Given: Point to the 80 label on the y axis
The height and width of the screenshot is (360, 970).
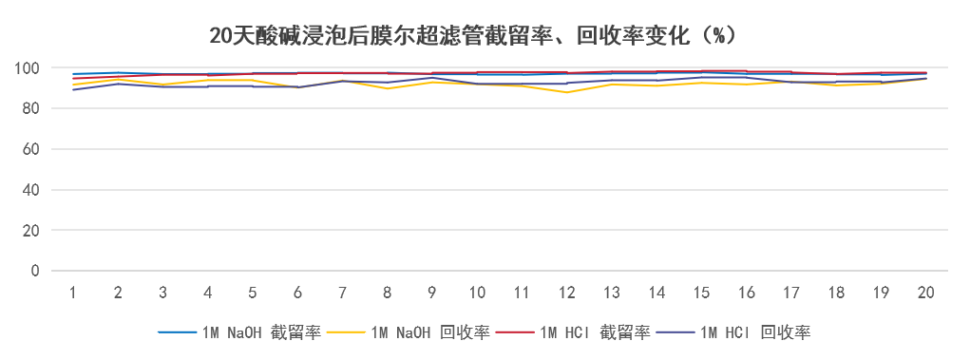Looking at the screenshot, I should (31, 109).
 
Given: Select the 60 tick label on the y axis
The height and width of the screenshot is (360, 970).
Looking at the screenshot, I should (31, 150).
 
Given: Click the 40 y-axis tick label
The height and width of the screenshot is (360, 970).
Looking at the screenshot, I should (31, 190).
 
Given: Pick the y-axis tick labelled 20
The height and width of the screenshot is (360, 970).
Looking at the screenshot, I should (31, 231).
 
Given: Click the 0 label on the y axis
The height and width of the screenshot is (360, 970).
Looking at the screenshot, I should (35, 271).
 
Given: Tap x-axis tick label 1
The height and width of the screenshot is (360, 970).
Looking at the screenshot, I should (72, 293).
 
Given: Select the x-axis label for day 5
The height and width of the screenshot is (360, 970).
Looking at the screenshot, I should (252, 293).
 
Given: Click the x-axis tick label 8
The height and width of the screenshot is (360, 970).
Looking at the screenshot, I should (387, 293).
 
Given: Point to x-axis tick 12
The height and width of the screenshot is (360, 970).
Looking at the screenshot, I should (566, 293).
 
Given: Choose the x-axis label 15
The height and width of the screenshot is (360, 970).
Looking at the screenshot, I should (701, 293).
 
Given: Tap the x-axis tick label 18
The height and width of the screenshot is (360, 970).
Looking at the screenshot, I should (836, 293).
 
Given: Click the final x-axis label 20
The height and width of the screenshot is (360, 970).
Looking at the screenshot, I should (925, 293).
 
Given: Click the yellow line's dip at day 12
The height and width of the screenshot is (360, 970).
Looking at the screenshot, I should (566, 92).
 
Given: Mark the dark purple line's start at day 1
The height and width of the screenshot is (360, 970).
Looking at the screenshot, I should (72, 89).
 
